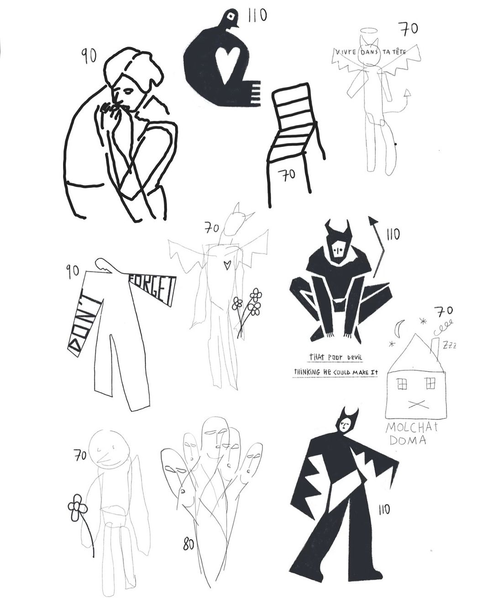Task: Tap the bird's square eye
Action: tap(230, 17)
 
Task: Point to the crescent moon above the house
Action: tap(399, 328)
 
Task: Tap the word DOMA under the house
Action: tap(408, 440)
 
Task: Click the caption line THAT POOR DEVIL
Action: tap(336, 357)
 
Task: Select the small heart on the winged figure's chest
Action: tap(227, 265)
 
